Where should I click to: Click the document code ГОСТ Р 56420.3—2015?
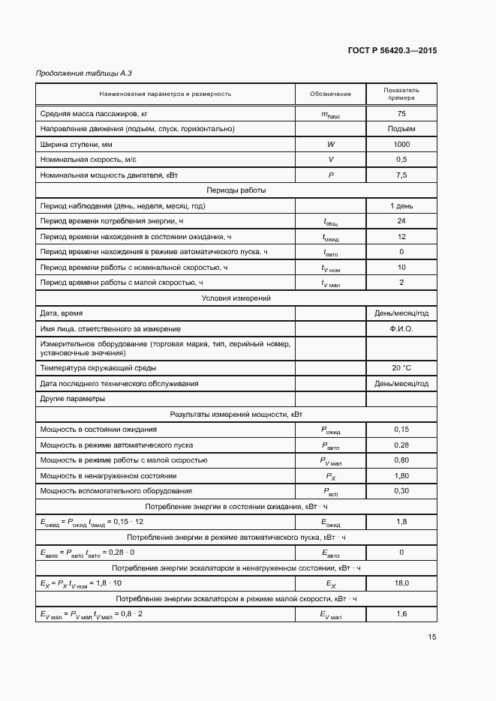coord(392,51)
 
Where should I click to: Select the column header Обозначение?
coord(330,94)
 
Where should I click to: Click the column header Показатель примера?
coord(401,94)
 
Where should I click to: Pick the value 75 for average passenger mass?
coord(401,113)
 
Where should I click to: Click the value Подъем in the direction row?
coord(401,128)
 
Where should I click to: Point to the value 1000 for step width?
coord(401,144)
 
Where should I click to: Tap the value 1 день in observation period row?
coord(401,205)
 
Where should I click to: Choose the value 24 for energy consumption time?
coord(401,221)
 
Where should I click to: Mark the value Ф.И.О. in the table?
coord(401,329)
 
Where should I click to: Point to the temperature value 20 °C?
coord(401,367)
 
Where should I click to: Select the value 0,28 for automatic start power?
coord(401,445)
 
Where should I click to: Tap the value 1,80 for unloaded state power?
coord(401,475)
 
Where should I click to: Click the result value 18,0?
coord(401,583)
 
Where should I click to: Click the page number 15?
coord(431,637)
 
